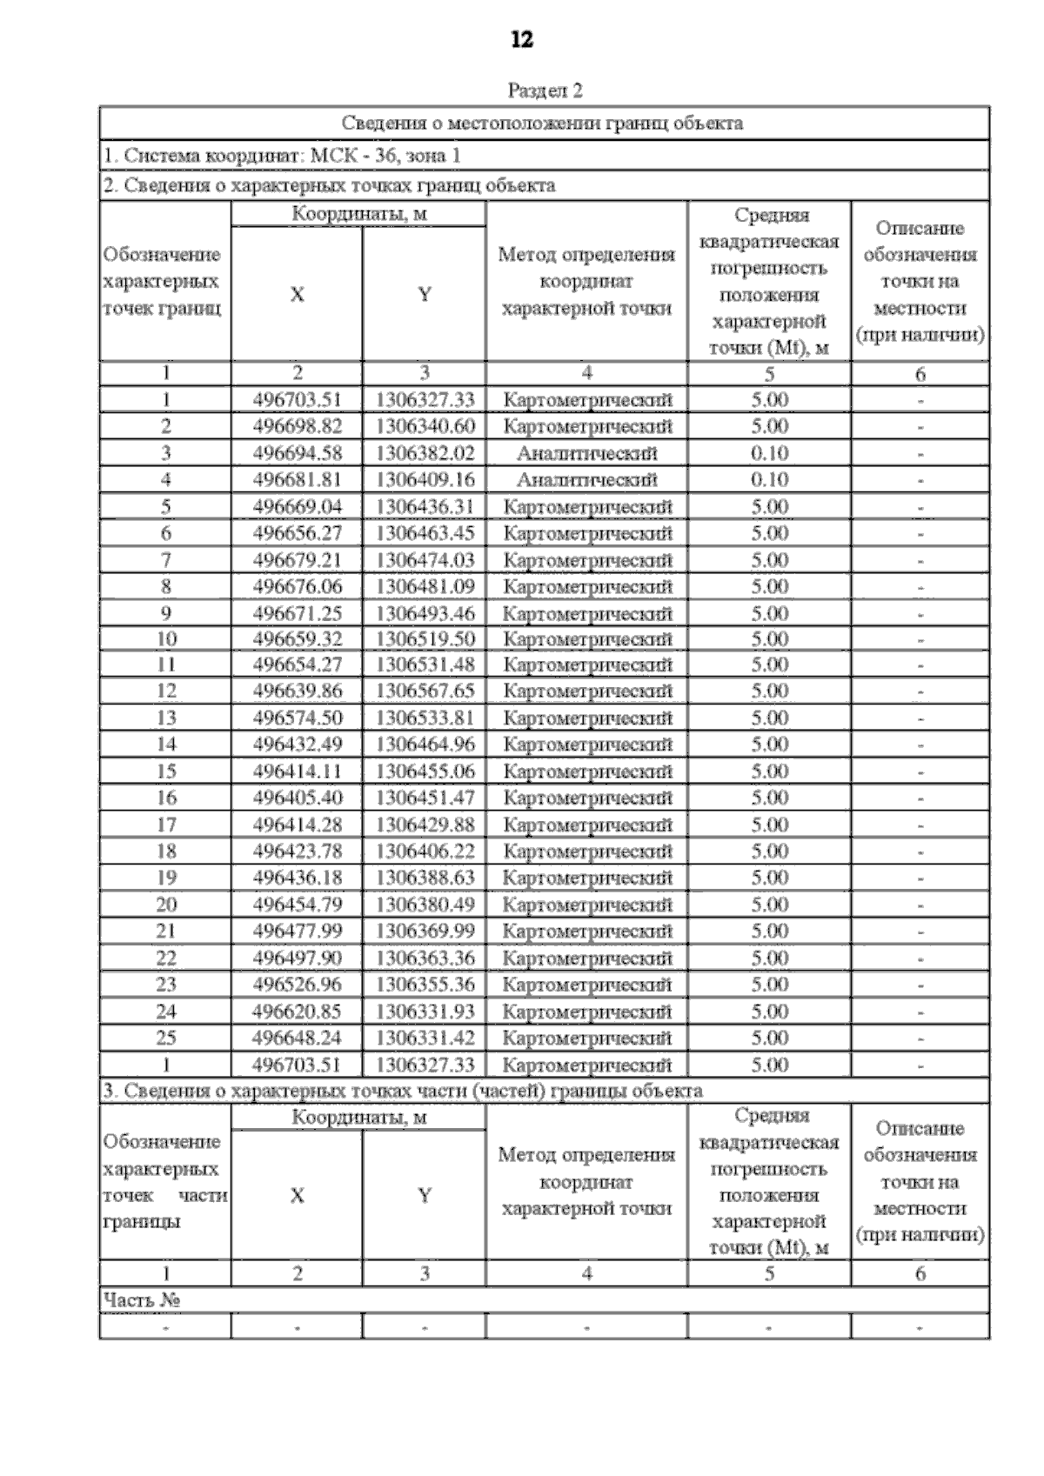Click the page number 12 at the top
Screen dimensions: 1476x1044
coord(522,40)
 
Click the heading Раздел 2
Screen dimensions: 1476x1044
coord(545,90)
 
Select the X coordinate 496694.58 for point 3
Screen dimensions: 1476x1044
coord(297,453)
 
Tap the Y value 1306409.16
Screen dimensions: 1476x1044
coord(425,479)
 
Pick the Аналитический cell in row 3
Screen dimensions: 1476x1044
coord(586,453)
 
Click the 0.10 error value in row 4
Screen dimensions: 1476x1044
coord(769,479)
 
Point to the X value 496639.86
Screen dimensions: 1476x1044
coord(297,691)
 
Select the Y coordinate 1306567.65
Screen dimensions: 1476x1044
coord(425,691)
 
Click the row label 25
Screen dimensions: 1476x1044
coord(165,1039)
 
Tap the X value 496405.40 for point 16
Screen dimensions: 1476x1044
coord(297,798)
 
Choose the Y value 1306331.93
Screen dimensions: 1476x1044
coord(425,1012)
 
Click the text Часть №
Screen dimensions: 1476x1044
coord(141,1300)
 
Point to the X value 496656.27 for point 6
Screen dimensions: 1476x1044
coord(297,533)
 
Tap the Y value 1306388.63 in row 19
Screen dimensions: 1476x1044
coord(425,878)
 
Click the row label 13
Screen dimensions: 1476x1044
coord(165,718)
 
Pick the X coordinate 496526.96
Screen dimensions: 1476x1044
coord(297,985)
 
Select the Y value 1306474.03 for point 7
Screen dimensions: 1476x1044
coord(425,560)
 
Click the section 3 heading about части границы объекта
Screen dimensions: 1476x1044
coord(403,1091)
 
